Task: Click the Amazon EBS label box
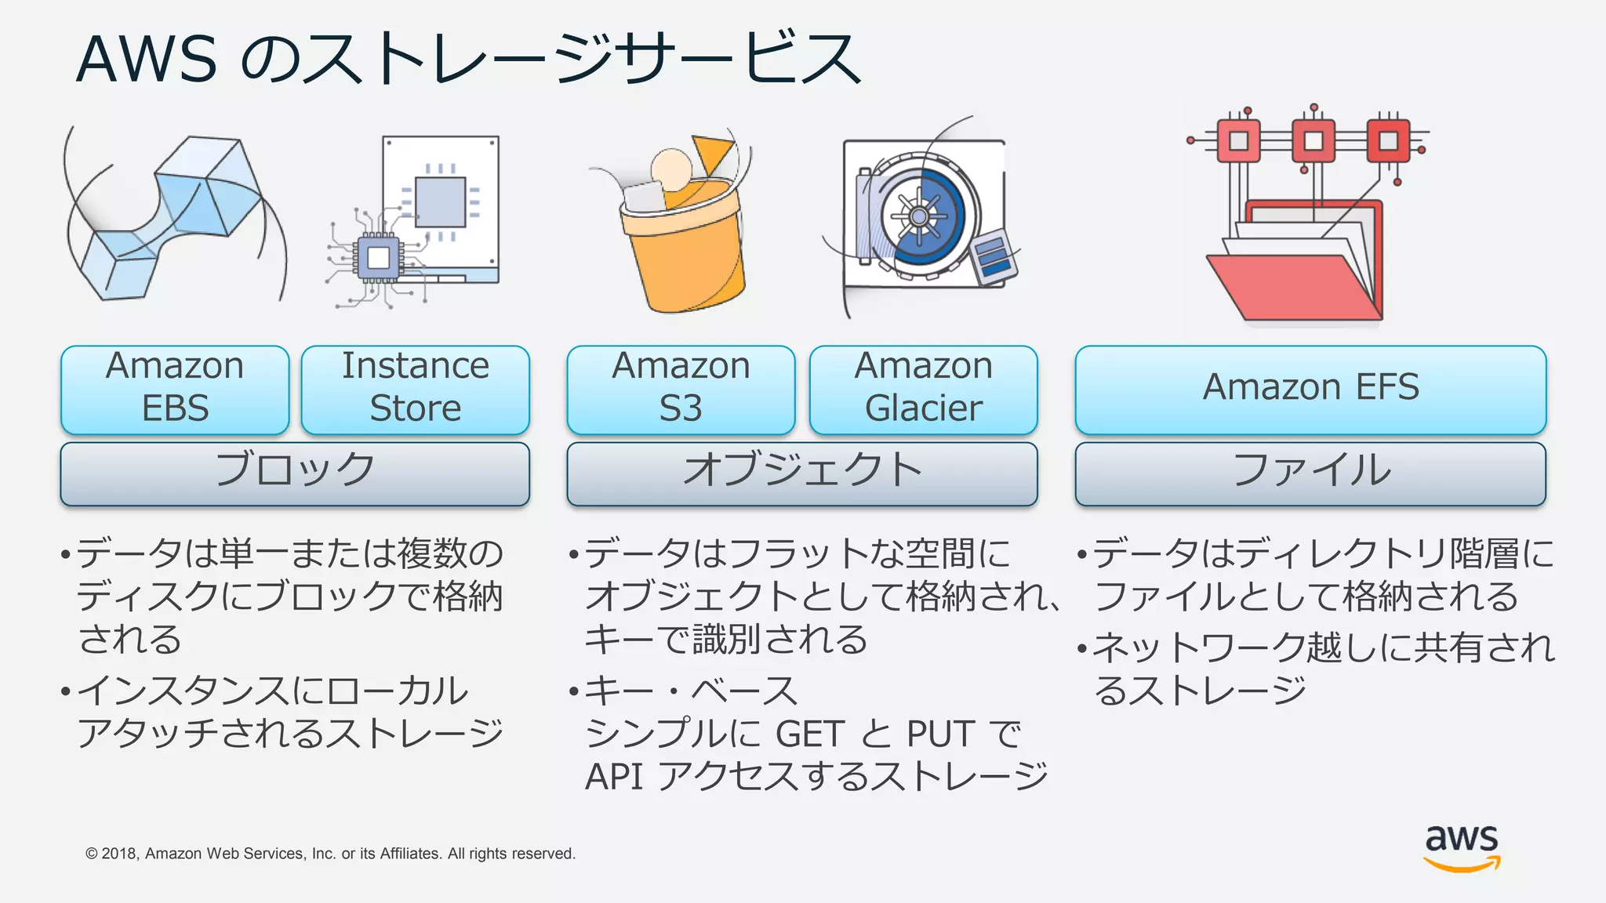pyautogui.click(x=175, y=390)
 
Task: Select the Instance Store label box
pyautogui.click(x=416, y=390)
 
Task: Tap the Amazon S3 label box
pyautogui.click(x=681, y=390)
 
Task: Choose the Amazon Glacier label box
pyautogui.click(x=923, y=390)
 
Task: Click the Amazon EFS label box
pyautogui.click(x=1310, y=390)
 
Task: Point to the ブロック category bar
pyautogui.click(x=295, y=473)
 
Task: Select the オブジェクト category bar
pyautogui.click(x=801, y=473)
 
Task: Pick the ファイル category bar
pyautogui.click(x=1310, y=473)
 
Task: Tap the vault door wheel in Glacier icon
pyautogui.click(x=919, y=216)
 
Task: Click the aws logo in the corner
pyautogui.click(x=1462, y=847)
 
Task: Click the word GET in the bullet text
pyautogui.click(x=811, y=734)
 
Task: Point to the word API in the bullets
pyautogui.click(x=613, y=777)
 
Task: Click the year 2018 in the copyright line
pyautogui.click(x=119, y=854)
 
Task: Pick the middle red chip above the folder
pyautogui.click(x=1314, y=141)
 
